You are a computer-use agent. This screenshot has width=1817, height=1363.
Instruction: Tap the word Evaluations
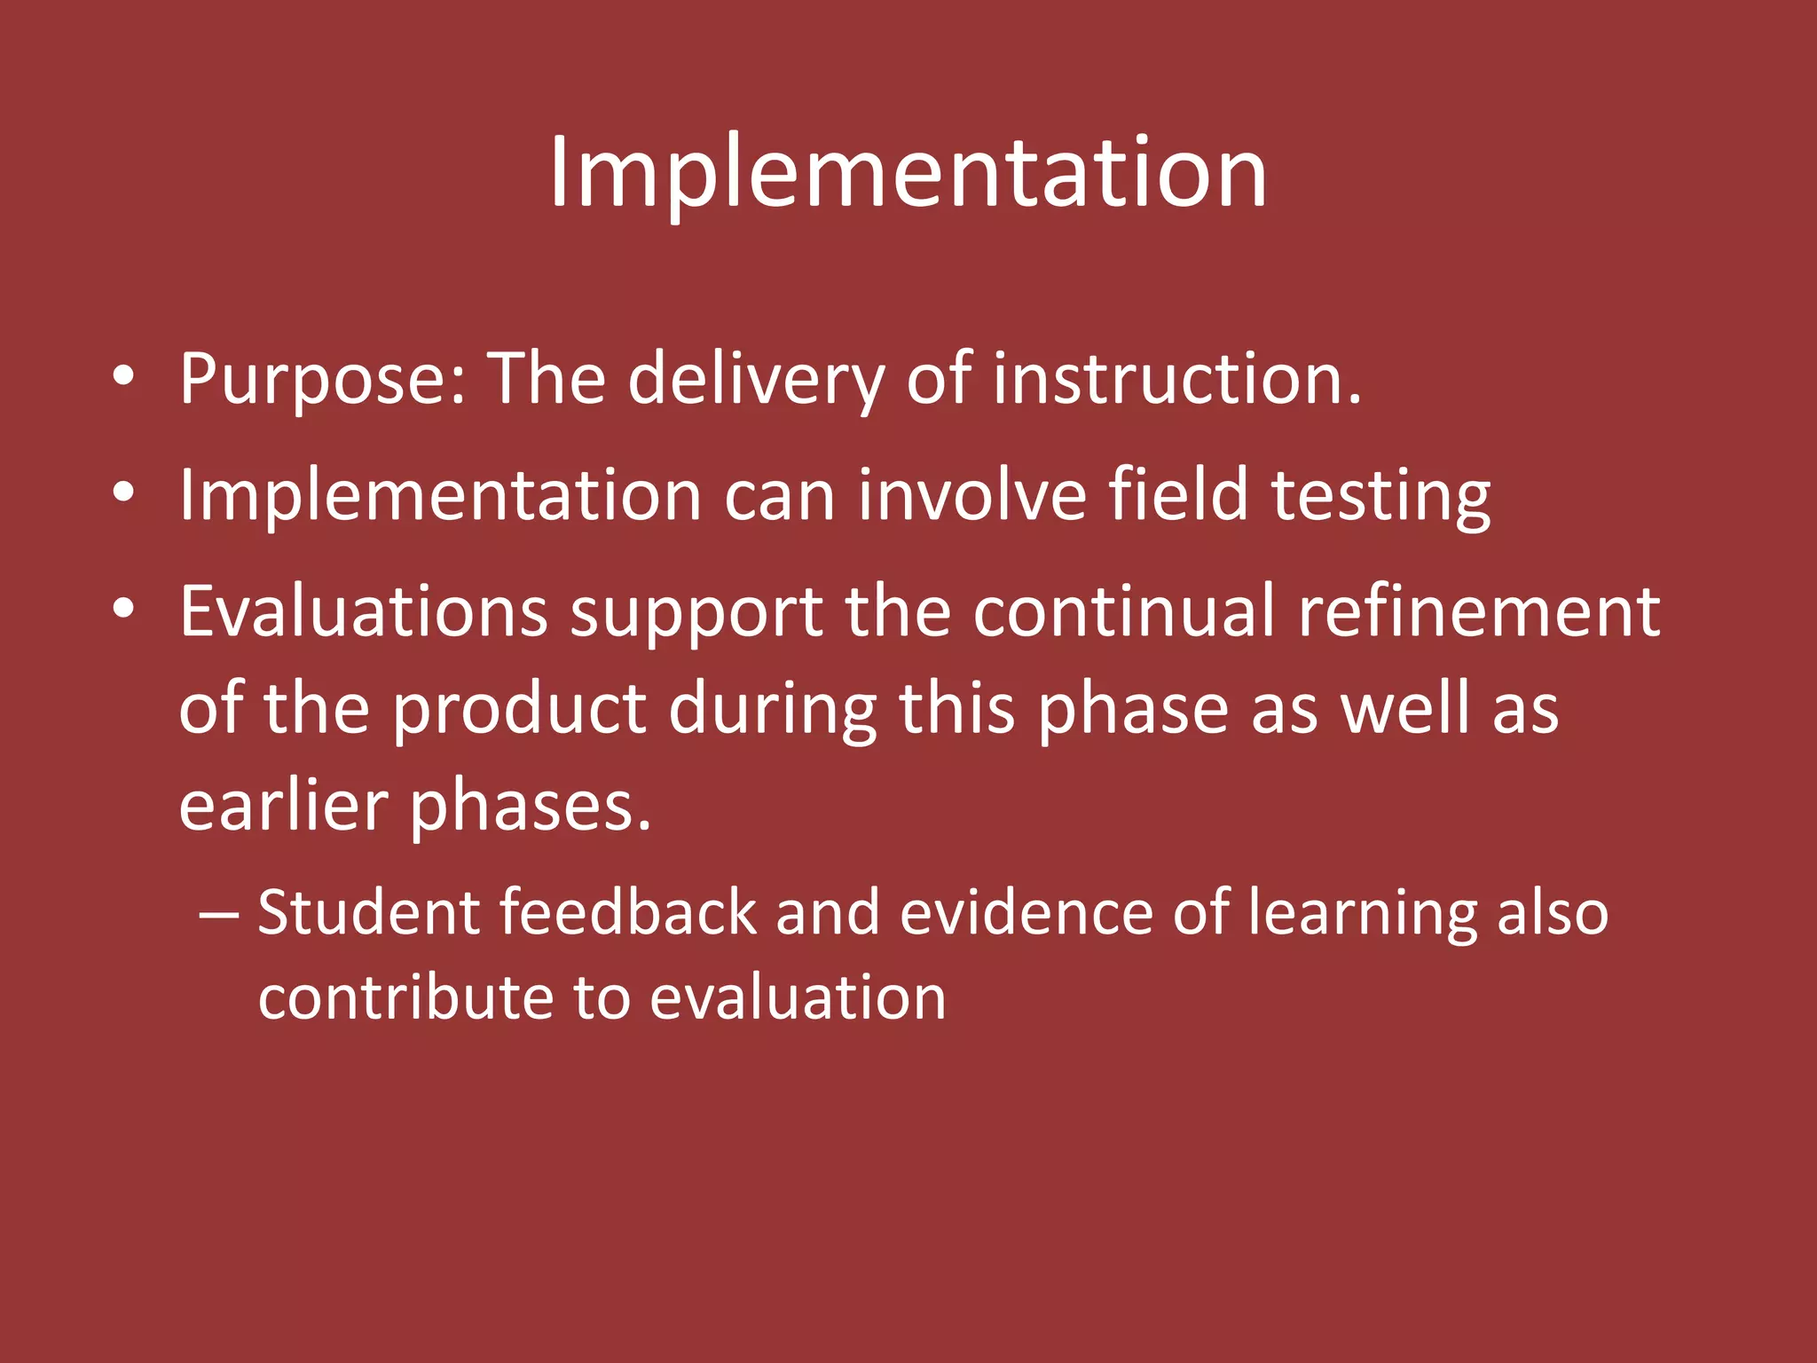point(364,611)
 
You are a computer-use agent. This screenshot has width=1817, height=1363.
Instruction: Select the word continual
point(1124,611)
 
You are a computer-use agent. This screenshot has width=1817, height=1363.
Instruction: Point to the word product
point(519,710)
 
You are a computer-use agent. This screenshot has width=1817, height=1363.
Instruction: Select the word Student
point(368,913)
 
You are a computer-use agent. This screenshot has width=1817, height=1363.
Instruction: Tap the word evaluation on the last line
point(798,997)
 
